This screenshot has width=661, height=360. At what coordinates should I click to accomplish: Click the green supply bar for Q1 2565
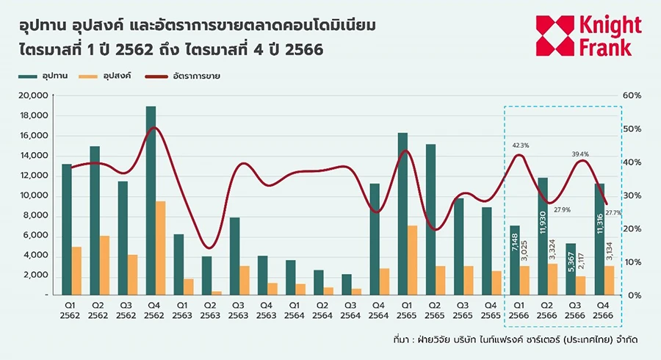point(402,214)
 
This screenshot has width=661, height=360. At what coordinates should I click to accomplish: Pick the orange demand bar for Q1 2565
point(413,260)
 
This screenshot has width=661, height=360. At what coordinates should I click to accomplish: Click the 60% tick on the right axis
point(632,96)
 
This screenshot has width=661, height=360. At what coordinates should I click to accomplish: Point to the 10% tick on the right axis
point(632,262)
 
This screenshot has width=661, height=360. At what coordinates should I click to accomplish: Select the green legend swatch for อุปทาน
point(26,76)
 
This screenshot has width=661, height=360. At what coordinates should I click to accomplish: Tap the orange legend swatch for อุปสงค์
point(90,76)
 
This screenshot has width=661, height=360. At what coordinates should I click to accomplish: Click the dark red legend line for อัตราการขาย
point(163,76)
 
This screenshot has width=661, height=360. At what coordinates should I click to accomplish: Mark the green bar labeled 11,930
point(543,236)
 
